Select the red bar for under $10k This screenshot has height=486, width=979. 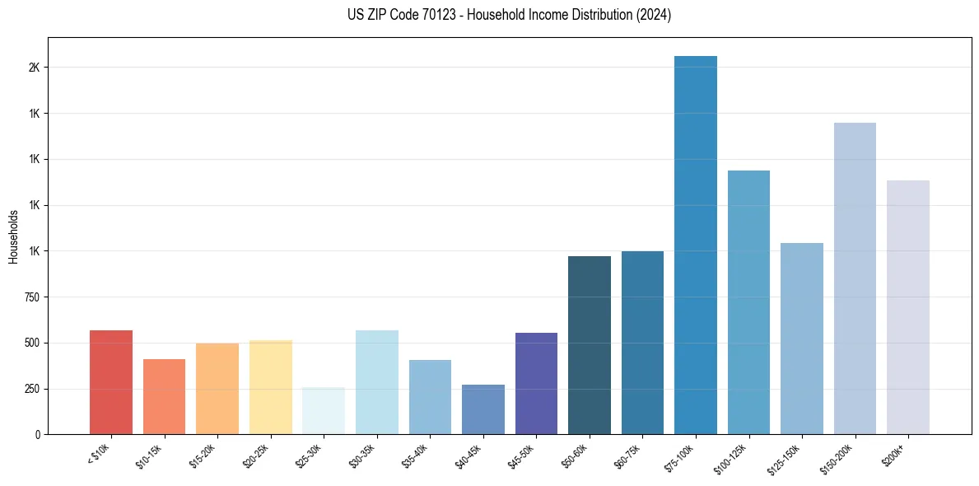coord(111,382)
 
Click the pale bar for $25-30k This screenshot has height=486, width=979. coord(324,411)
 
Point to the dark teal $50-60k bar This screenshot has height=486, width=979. coord(590,345)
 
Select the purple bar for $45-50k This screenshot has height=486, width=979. coord(536,383)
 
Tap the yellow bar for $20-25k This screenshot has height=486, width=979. coord(271,387)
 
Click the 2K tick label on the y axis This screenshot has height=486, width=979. coord(35,68)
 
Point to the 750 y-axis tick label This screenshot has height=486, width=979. coord(32,297)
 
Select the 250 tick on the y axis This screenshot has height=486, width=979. coord(32,389)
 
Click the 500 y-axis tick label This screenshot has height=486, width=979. coord(32,343)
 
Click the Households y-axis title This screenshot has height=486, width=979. coord(13,236)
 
